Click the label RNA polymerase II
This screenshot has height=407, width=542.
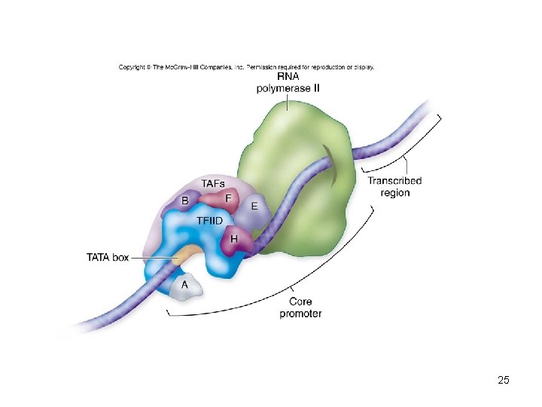tap(288, 83)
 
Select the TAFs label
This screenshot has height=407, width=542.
tap(214, 184)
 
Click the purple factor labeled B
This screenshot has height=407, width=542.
tap(185, 201)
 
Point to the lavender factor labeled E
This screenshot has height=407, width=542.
tap(254, 206)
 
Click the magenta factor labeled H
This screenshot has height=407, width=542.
tap(234, 239)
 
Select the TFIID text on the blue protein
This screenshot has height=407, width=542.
tap(209, 221)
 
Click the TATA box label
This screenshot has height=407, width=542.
tap(108, 258)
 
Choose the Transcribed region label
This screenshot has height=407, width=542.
tap(394, 187)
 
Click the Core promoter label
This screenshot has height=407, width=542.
tap(300, 308)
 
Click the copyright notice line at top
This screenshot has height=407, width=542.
tap(246, 67)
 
